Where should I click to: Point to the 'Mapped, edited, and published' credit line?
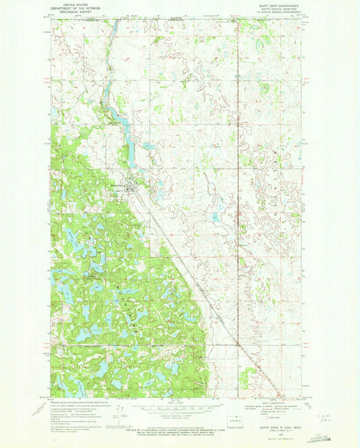tap(74, 400)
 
